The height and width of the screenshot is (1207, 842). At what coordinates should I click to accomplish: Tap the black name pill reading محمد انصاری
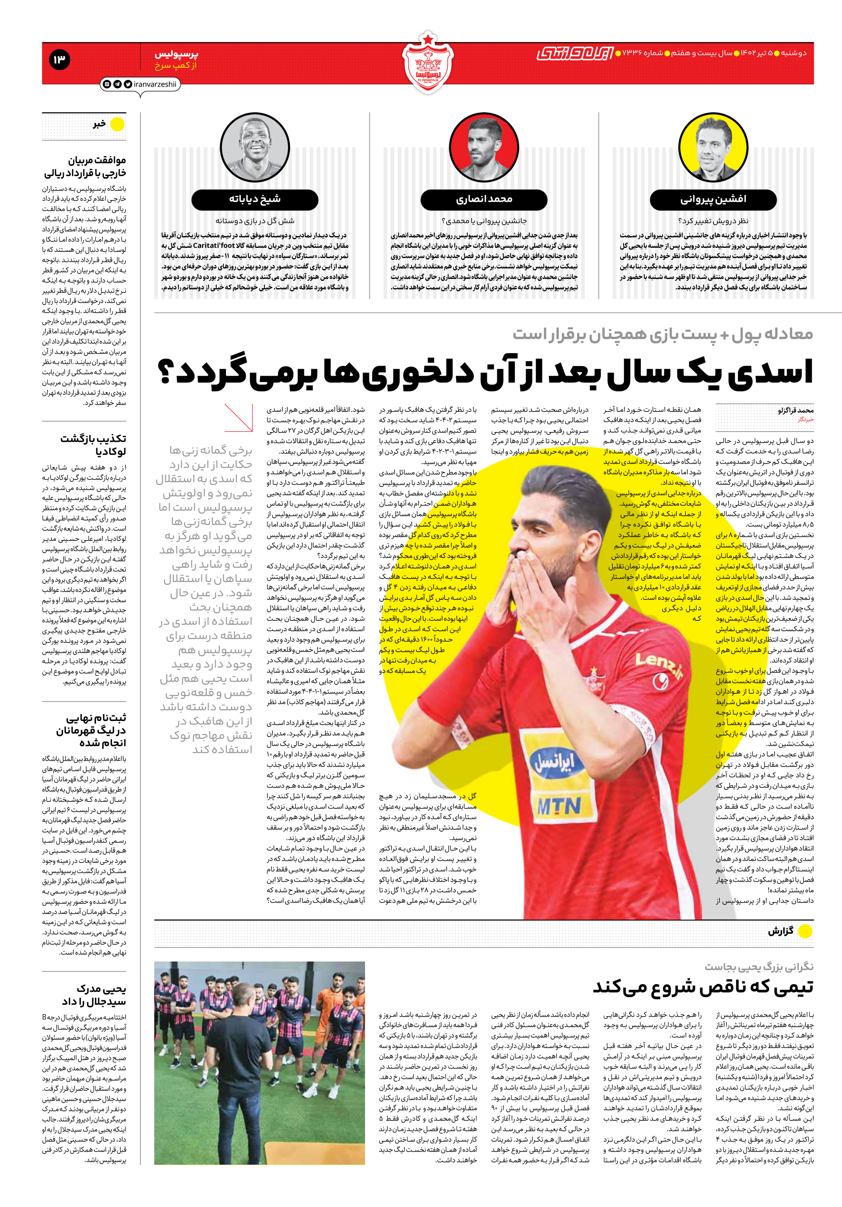click(484, 199)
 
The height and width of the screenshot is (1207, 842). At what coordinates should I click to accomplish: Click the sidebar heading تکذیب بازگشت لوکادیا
click(93, 445)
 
